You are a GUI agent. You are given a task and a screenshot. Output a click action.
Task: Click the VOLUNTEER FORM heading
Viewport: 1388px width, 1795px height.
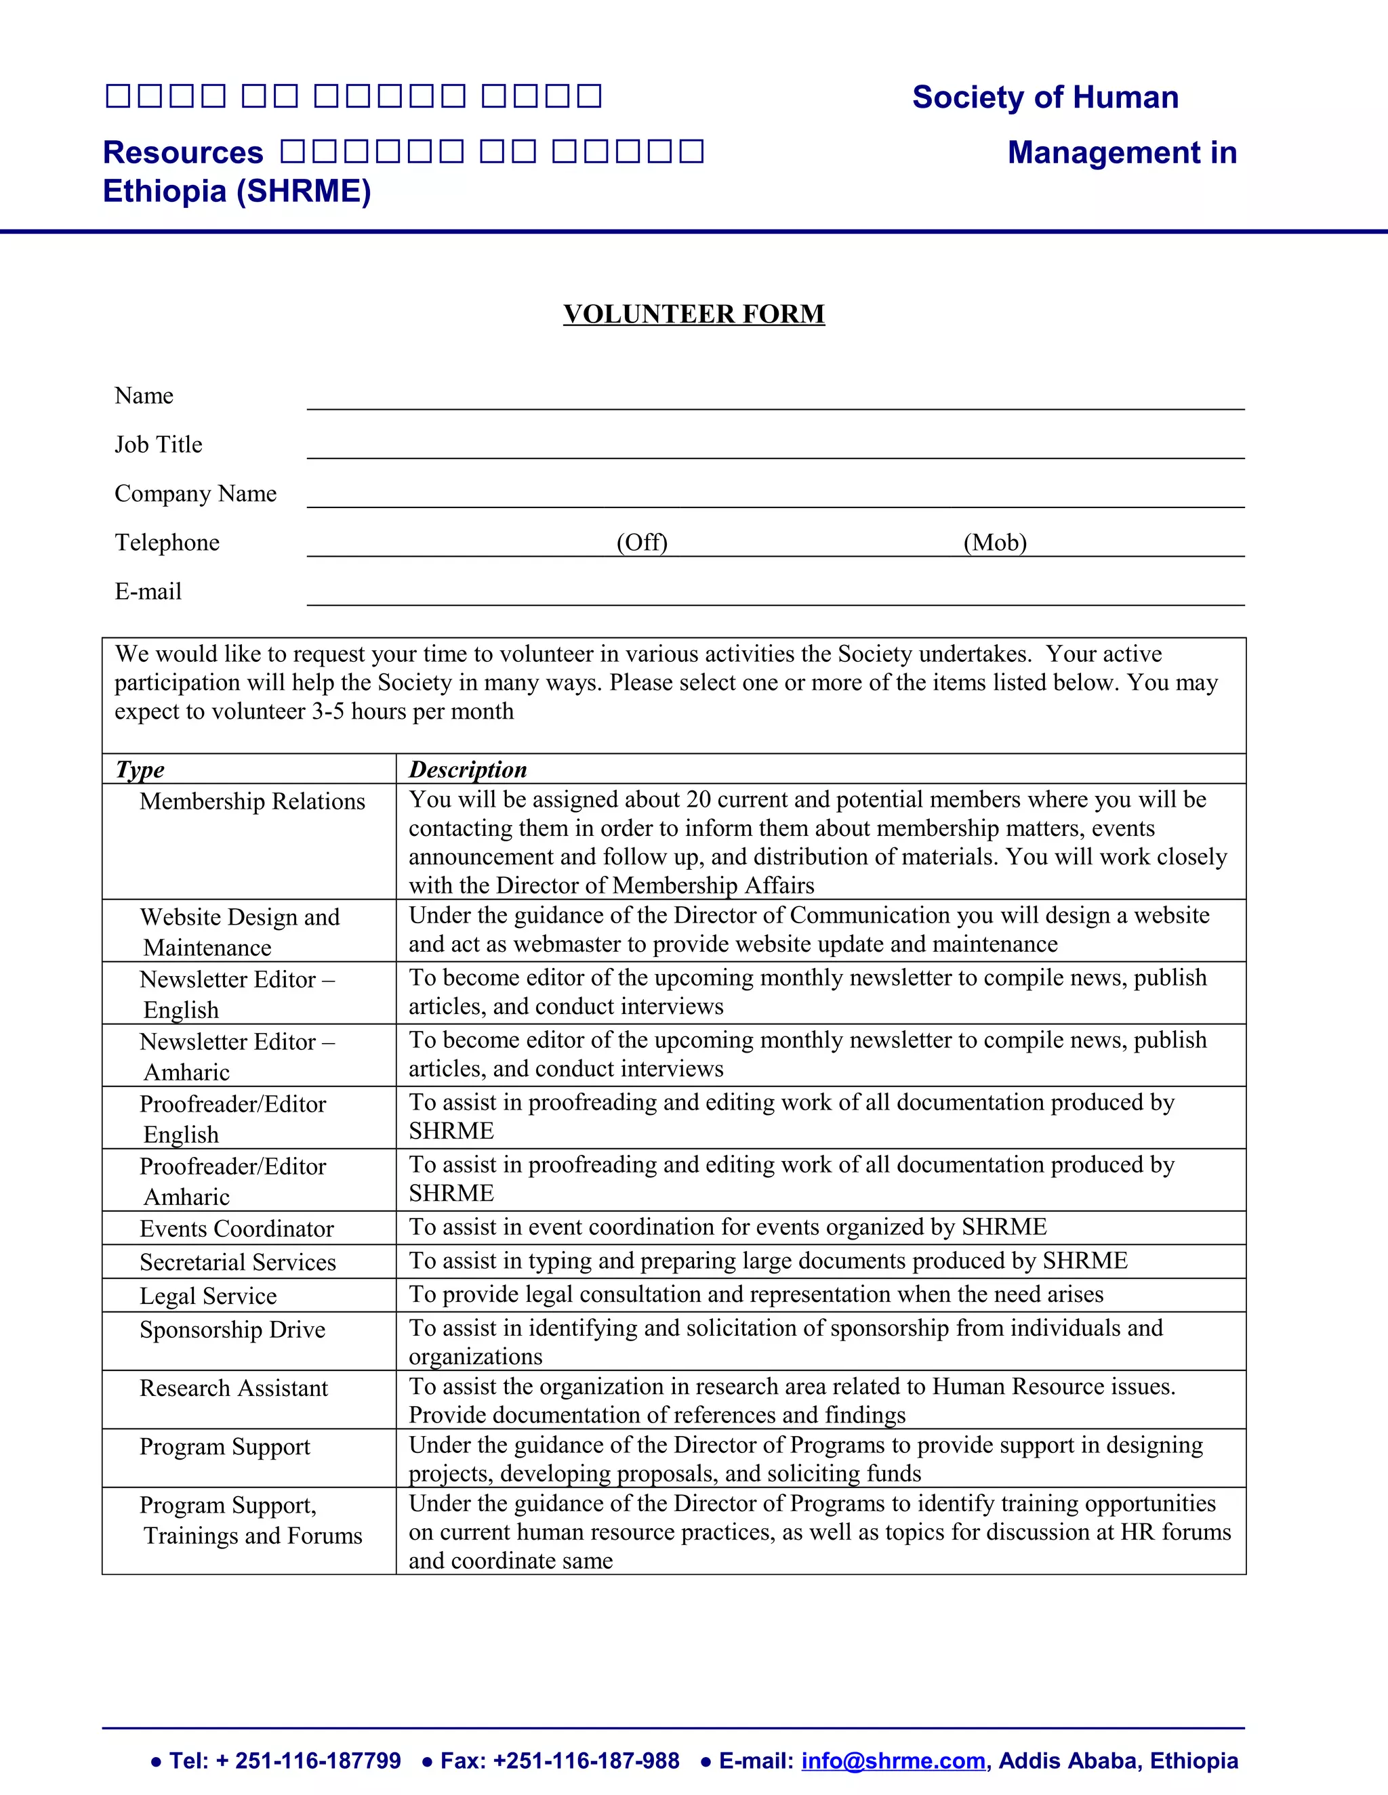(693, 314)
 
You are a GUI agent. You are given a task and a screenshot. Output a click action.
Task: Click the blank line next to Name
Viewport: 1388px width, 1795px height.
(775, 400)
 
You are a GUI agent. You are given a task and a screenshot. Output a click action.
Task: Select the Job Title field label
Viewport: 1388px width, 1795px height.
(158, 444)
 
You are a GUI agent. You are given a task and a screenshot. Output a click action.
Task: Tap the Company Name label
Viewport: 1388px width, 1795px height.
(195, 493)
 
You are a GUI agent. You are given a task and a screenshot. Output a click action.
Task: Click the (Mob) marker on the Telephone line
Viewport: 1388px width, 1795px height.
(995, 543)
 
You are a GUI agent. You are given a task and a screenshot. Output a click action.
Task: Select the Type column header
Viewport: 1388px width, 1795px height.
(140, 769)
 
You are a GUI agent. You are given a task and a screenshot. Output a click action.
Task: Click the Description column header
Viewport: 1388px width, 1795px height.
(467, 769)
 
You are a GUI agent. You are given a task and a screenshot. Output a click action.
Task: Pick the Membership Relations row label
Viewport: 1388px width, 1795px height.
(251, 801)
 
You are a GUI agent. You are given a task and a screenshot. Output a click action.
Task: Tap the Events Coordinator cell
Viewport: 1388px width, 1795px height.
(236, 1229)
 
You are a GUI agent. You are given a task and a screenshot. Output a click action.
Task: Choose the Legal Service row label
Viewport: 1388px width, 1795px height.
(208, 1296)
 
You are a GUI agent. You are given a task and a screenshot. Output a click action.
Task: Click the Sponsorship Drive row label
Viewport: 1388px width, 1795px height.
(232, 1330)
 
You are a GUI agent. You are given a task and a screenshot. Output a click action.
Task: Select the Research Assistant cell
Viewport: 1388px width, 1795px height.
(234, 1388)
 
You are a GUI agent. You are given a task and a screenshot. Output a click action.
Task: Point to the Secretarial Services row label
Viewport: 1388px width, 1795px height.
(238, 1263)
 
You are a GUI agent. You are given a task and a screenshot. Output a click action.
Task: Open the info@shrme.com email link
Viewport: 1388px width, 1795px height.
(893, 1760)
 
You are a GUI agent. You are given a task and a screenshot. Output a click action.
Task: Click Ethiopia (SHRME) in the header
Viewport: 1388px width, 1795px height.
(237, 191)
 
